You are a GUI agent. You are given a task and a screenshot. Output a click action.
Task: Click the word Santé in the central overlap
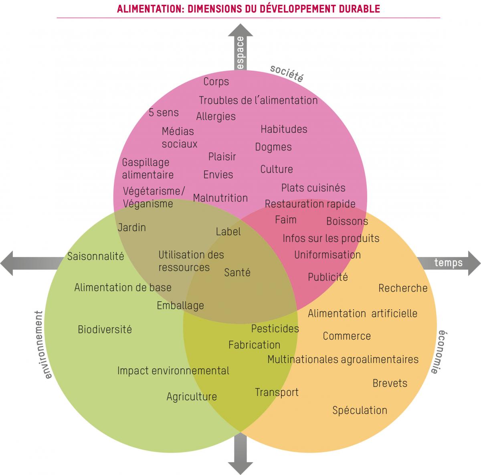pos(237,272)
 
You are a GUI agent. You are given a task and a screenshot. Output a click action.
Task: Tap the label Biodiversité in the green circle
pos(105,329)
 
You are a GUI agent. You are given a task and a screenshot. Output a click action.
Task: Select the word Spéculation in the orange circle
pos(360,410)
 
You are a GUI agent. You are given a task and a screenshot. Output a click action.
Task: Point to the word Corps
pos(216,81)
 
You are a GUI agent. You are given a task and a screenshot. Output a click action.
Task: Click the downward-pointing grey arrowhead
pos(240,468)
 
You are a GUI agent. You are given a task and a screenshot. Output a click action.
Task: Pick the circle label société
pos(286,73)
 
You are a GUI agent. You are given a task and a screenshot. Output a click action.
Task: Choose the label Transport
pos(277,392)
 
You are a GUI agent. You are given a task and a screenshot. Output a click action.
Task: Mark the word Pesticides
pos(275,329)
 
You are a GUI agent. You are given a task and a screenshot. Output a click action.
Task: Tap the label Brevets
pos(390,383)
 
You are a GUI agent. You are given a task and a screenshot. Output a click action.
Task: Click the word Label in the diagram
pos(228,231)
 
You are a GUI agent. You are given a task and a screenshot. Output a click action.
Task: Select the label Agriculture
pos(192,396)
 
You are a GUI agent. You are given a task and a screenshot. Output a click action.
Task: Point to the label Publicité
pos(327,277)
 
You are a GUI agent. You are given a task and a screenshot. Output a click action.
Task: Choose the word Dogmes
pos(273,147)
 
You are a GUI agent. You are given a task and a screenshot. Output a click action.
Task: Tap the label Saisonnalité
pos(95,256)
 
